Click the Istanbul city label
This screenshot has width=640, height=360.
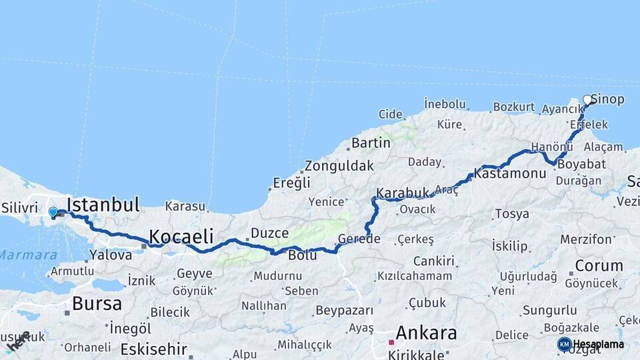pos(103,205)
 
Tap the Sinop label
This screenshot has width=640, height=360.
pos(608,100)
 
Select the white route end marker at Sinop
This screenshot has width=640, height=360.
pos(587,100)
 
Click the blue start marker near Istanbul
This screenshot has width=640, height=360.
pos(53,212)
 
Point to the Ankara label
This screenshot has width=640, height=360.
pos(427,333)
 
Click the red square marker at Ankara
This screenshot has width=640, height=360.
pos(391,342)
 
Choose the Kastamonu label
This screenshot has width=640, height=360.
pos(511,173)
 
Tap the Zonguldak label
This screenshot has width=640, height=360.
pos(339,166)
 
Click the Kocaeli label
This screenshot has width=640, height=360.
pos(181,236)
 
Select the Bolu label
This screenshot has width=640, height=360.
pos(302,255)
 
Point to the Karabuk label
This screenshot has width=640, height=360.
pos(403,193)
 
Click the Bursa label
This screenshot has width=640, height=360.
pos(97,304)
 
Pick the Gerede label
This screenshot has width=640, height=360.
pos(359,239)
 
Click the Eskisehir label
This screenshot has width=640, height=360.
pos(154,349)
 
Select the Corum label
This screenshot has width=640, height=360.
pos(599,265)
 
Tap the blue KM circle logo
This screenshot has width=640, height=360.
pos(564,344)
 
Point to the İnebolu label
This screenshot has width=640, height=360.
pos(445,104)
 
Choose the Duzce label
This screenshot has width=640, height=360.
pos(270,233)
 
